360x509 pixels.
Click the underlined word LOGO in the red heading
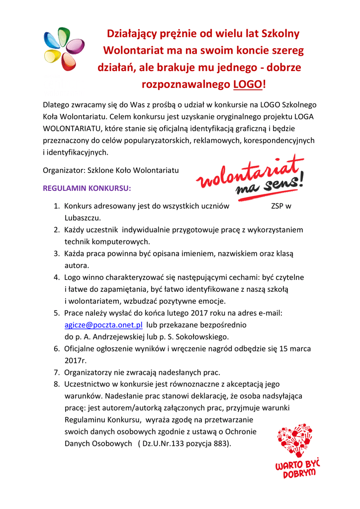tap(247, 85)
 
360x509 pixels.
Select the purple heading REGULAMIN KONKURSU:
tap(87, 189)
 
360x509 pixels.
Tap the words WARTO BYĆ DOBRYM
tap(297, 469)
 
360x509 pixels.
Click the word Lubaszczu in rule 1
tap(82, 218)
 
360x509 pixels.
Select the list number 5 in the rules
tap(56, 313)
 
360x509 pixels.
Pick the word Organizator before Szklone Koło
tap(64, 170)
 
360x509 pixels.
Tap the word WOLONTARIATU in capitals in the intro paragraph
tap(70, 129)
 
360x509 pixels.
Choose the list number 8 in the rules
tap(56, 384)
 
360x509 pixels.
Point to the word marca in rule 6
tap(300, 348)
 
